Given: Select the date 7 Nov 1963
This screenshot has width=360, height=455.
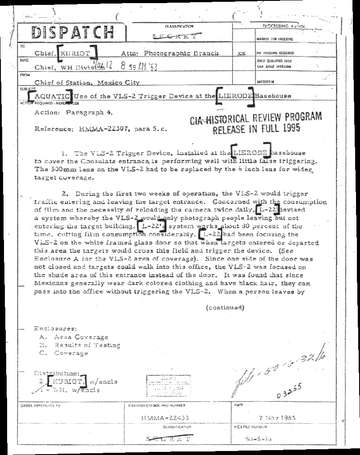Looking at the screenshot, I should click(x=277, y=418).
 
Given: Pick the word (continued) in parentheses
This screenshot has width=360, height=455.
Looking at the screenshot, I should click(x=225, y=307).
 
